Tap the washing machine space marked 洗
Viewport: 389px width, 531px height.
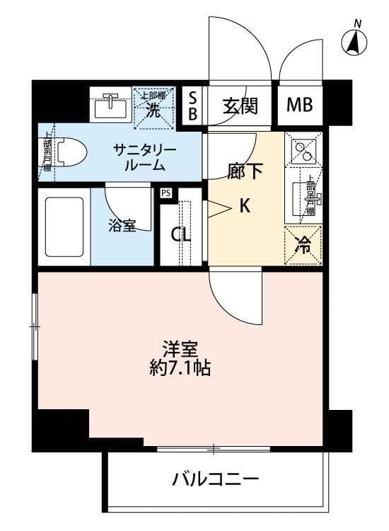[x=153, y=108]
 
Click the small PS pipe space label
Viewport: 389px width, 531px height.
[x=166, y=193]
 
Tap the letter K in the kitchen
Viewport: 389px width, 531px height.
[x=244, y=207]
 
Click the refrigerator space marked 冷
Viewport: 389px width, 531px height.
[x=302, y=245]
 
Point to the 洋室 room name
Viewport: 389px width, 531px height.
[x=178, y=349]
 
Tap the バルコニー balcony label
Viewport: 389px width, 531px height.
[x=216, y=479]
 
